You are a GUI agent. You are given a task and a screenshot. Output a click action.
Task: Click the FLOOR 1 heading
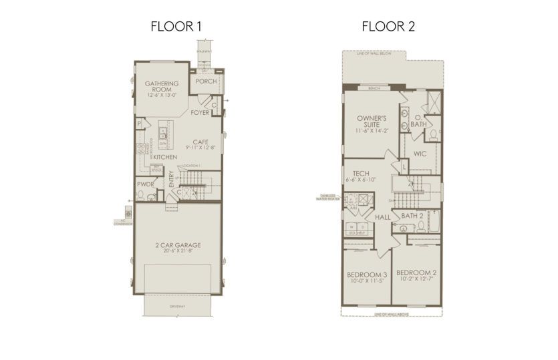pos(176,27)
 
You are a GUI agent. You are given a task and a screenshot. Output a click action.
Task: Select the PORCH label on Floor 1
pos(206,82)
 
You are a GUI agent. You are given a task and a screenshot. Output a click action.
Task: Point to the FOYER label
pos(200,113)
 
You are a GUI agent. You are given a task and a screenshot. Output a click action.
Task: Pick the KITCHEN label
pos(164,157)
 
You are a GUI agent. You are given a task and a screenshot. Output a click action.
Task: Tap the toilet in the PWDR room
pos(141,195)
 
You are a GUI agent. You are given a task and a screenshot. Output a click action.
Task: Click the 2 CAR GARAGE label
pos(178,245)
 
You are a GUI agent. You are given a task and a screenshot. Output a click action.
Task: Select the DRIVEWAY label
pos(177,307)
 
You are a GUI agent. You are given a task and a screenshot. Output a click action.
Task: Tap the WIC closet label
pos(420,154)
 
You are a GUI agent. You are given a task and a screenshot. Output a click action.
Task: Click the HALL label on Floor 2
pos(382,218)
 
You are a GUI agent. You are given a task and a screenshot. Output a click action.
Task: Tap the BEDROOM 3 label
pos(366,275)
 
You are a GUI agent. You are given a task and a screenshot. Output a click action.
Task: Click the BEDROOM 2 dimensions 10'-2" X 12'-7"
pos(416,280)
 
